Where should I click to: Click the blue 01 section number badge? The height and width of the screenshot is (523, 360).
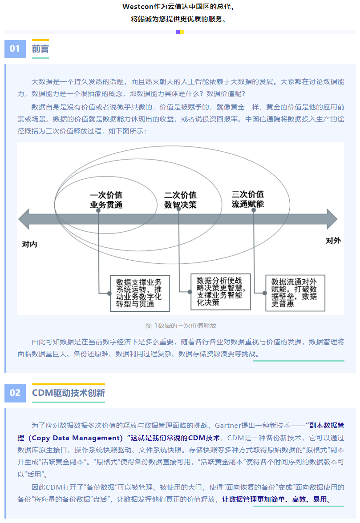click(x=15, y=49)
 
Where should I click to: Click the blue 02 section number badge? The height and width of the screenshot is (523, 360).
click(x=15, y=393)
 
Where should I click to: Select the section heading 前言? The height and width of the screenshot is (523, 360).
click(x=40, y=49)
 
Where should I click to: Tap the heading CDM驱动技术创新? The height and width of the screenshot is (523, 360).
click(x=69, y=393)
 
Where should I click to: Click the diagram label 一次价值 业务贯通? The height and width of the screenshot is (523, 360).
click(x=106, y=200)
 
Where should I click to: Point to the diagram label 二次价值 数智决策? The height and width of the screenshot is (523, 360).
click(x=180, y=200)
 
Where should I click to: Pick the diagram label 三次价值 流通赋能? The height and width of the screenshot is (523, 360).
click(x=247, y=199)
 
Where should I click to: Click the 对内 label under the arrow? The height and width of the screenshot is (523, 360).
click(x=29, y=244)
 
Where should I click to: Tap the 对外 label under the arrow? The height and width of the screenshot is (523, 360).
click(x=333, y=241)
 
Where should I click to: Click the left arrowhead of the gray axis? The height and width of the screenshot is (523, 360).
click(x=24, y=219)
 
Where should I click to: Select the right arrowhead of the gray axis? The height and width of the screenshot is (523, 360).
click(x=332, y=219)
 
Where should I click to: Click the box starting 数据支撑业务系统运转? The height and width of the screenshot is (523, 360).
click(x=140, y=293)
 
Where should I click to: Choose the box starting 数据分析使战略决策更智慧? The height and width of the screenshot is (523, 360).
click(x=221, y=292)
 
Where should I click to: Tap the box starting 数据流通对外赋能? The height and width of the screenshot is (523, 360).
click(x=295, y=293)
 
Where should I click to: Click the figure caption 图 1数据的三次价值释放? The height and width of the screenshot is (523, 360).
click(x=181, y=326)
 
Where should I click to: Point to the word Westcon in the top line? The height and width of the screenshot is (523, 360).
click(x=138, y=7)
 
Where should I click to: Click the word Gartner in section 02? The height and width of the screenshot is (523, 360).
click(x=228, y=426)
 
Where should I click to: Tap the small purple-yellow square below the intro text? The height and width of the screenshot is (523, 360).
click(x=180, y=32)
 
